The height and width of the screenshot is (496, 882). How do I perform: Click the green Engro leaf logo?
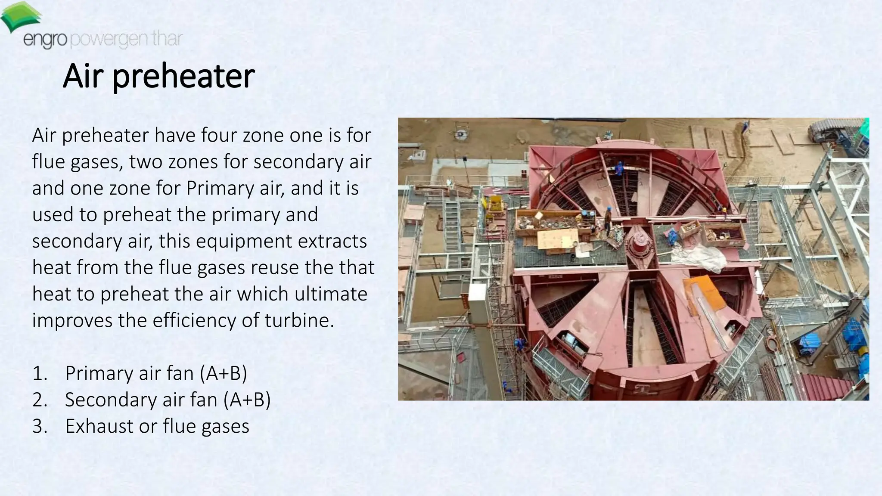click(x=21, y=16)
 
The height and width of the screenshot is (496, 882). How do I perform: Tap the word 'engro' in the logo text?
click(x=45, y=40)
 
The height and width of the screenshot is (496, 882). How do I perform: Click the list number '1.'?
click(x=40, y=373)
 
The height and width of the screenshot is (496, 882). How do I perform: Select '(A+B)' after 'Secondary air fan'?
click(x=247, y=400)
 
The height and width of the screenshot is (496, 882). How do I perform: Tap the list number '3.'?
click(x=40, y=426)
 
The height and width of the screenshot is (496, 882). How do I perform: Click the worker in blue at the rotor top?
click(x=619, y=168)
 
